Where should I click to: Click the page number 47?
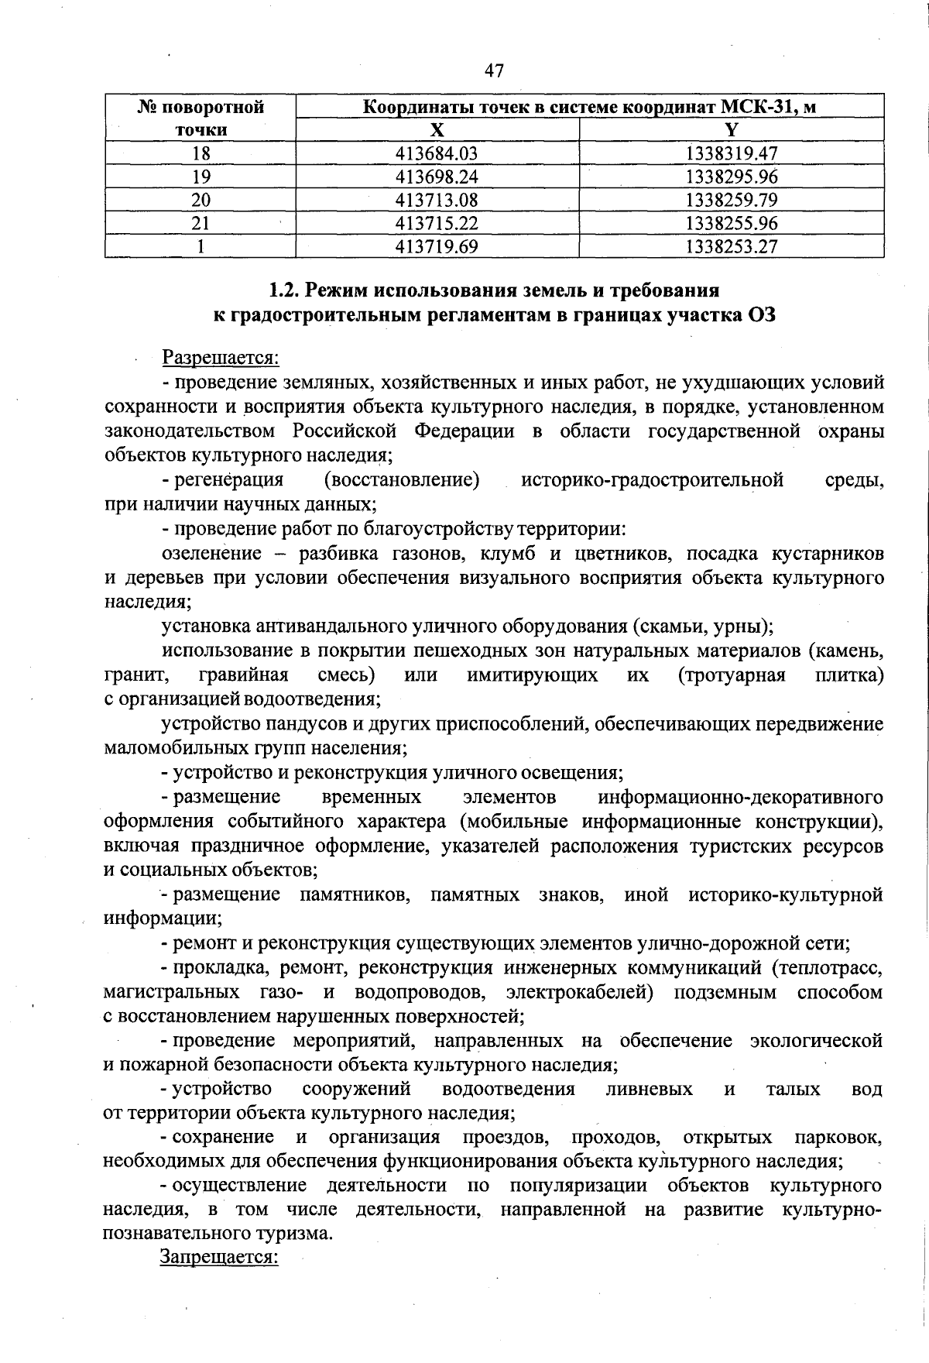pyautogui.click(x=494, y=71)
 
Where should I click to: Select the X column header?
pyautogui.click(x=437, y=129)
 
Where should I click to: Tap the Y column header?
pyautogui.click(x=732, y=129)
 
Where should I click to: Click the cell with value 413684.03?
pyautogui.click(x=437, y=153)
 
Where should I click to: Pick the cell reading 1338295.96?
pyautogui.click(x=732, y=177)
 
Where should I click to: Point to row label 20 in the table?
pyautogui.click(x=201, y=200)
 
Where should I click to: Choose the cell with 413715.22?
pyautogui.click(x=437, y=223)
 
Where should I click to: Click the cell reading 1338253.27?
pyautogui.click(x=732, y=246)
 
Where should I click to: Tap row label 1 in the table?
pyautogui.click(x=201, y=246)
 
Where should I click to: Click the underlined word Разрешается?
pyautogui.click(x=220, y=358)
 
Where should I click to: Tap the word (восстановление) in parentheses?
pyautogui.click(x=402, y=480)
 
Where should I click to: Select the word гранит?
pyautogui.click(x=136, y=675)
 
